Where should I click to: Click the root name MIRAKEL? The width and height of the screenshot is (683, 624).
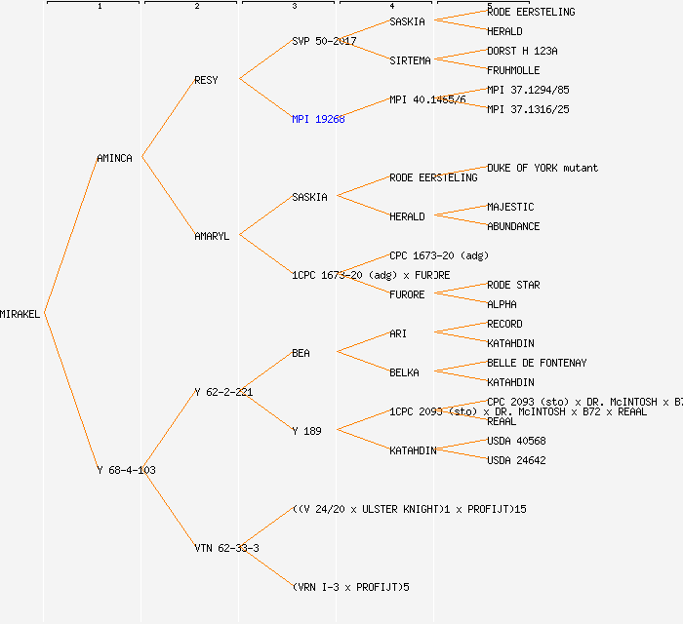(x=20, y=314)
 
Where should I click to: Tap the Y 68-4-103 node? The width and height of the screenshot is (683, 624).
(x=126, y=470)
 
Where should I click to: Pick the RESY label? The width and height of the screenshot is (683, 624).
(x=206, y=80)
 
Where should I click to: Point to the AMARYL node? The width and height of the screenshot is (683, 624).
(x=212, y=236)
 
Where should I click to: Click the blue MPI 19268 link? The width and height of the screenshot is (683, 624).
(x=318, y=119)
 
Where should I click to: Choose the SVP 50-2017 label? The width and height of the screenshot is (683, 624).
(x=324, y=41)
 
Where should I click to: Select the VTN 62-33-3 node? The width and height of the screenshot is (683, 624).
(x=226, y=548)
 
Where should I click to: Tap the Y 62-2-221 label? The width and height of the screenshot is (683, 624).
(x=223, y=392)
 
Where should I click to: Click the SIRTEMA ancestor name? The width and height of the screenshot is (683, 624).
(x=410, y=60)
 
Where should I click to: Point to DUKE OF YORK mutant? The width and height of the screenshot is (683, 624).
(x=542, y=168)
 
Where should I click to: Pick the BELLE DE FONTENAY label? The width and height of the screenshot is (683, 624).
(x=537, y=363)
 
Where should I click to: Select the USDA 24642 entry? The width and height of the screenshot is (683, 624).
(x=516, y=460)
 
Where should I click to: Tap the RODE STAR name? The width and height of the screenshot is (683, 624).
(x=513, y=285)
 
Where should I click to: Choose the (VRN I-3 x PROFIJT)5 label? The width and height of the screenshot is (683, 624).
(x=350, y=587)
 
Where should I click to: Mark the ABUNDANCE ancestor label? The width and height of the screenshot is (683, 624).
(x=513, y=226)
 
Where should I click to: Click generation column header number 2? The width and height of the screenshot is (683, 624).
(x=196, y=7)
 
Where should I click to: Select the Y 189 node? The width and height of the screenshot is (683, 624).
(x=306, y=431)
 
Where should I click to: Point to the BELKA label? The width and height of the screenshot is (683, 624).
(x=404, y=372)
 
